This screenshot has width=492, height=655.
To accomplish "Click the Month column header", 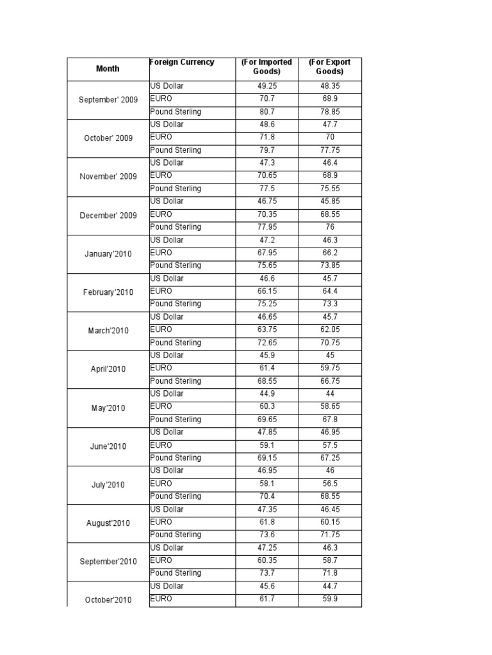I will click(x=108, y=68).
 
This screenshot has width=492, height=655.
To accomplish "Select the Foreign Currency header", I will click(x=182, y=62).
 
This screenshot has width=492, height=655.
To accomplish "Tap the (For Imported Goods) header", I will click(x=266, y=67).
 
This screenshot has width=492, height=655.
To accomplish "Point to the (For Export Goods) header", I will click(x=329, y=67).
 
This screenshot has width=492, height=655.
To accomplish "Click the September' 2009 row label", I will click(x=108, y=99).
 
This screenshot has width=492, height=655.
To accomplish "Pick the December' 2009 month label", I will click(x=108, y=216).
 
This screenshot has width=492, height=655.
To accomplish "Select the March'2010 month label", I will click(x=108, y=331).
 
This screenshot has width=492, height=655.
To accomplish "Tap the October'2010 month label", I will click(x=108, y=599).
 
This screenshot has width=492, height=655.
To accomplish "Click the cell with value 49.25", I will click(x=266, y=86).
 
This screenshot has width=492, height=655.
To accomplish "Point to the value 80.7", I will click(x=266, y=111).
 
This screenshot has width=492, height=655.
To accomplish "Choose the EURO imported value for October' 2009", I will click(x=266, y=137).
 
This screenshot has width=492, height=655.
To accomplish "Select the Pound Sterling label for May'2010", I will click(x=176, y=419).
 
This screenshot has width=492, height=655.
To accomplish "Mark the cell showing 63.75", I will click(x=266, y=329).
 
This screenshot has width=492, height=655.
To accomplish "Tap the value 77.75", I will click(x=329, y=150).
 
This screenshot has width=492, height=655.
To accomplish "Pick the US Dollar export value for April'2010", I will click(x=329, y=355).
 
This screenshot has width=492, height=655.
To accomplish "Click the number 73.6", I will click(x=266, y=534).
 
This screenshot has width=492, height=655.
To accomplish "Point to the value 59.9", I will click(x=329, y=599).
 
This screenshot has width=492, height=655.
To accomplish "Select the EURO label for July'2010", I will click(x=161, y=483).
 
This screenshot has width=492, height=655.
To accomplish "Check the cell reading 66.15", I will click(x=266, y=291).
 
